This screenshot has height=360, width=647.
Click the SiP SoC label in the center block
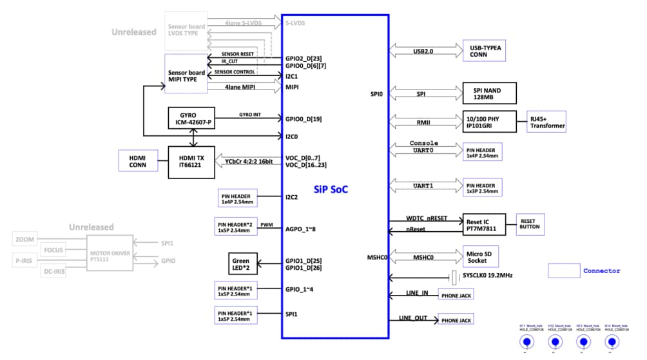click(x=336, y=189)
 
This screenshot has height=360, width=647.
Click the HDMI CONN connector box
click(x=137, y=160)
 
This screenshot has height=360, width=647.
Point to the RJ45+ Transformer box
click(x=546, y=121)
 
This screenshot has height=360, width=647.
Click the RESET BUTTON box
click(x=530, y=225)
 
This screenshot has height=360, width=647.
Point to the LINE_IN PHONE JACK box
click(x=455, y=296)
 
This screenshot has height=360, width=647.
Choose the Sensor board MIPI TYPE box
click(x=186, y=76)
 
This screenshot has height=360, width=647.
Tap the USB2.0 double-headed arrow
click(x=422, y=51)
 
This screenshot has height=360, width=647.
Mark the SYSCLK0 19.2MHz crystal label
click(x=487, y=276)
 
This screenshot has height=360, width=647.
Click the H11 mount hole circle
click(x=527, y=342)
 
